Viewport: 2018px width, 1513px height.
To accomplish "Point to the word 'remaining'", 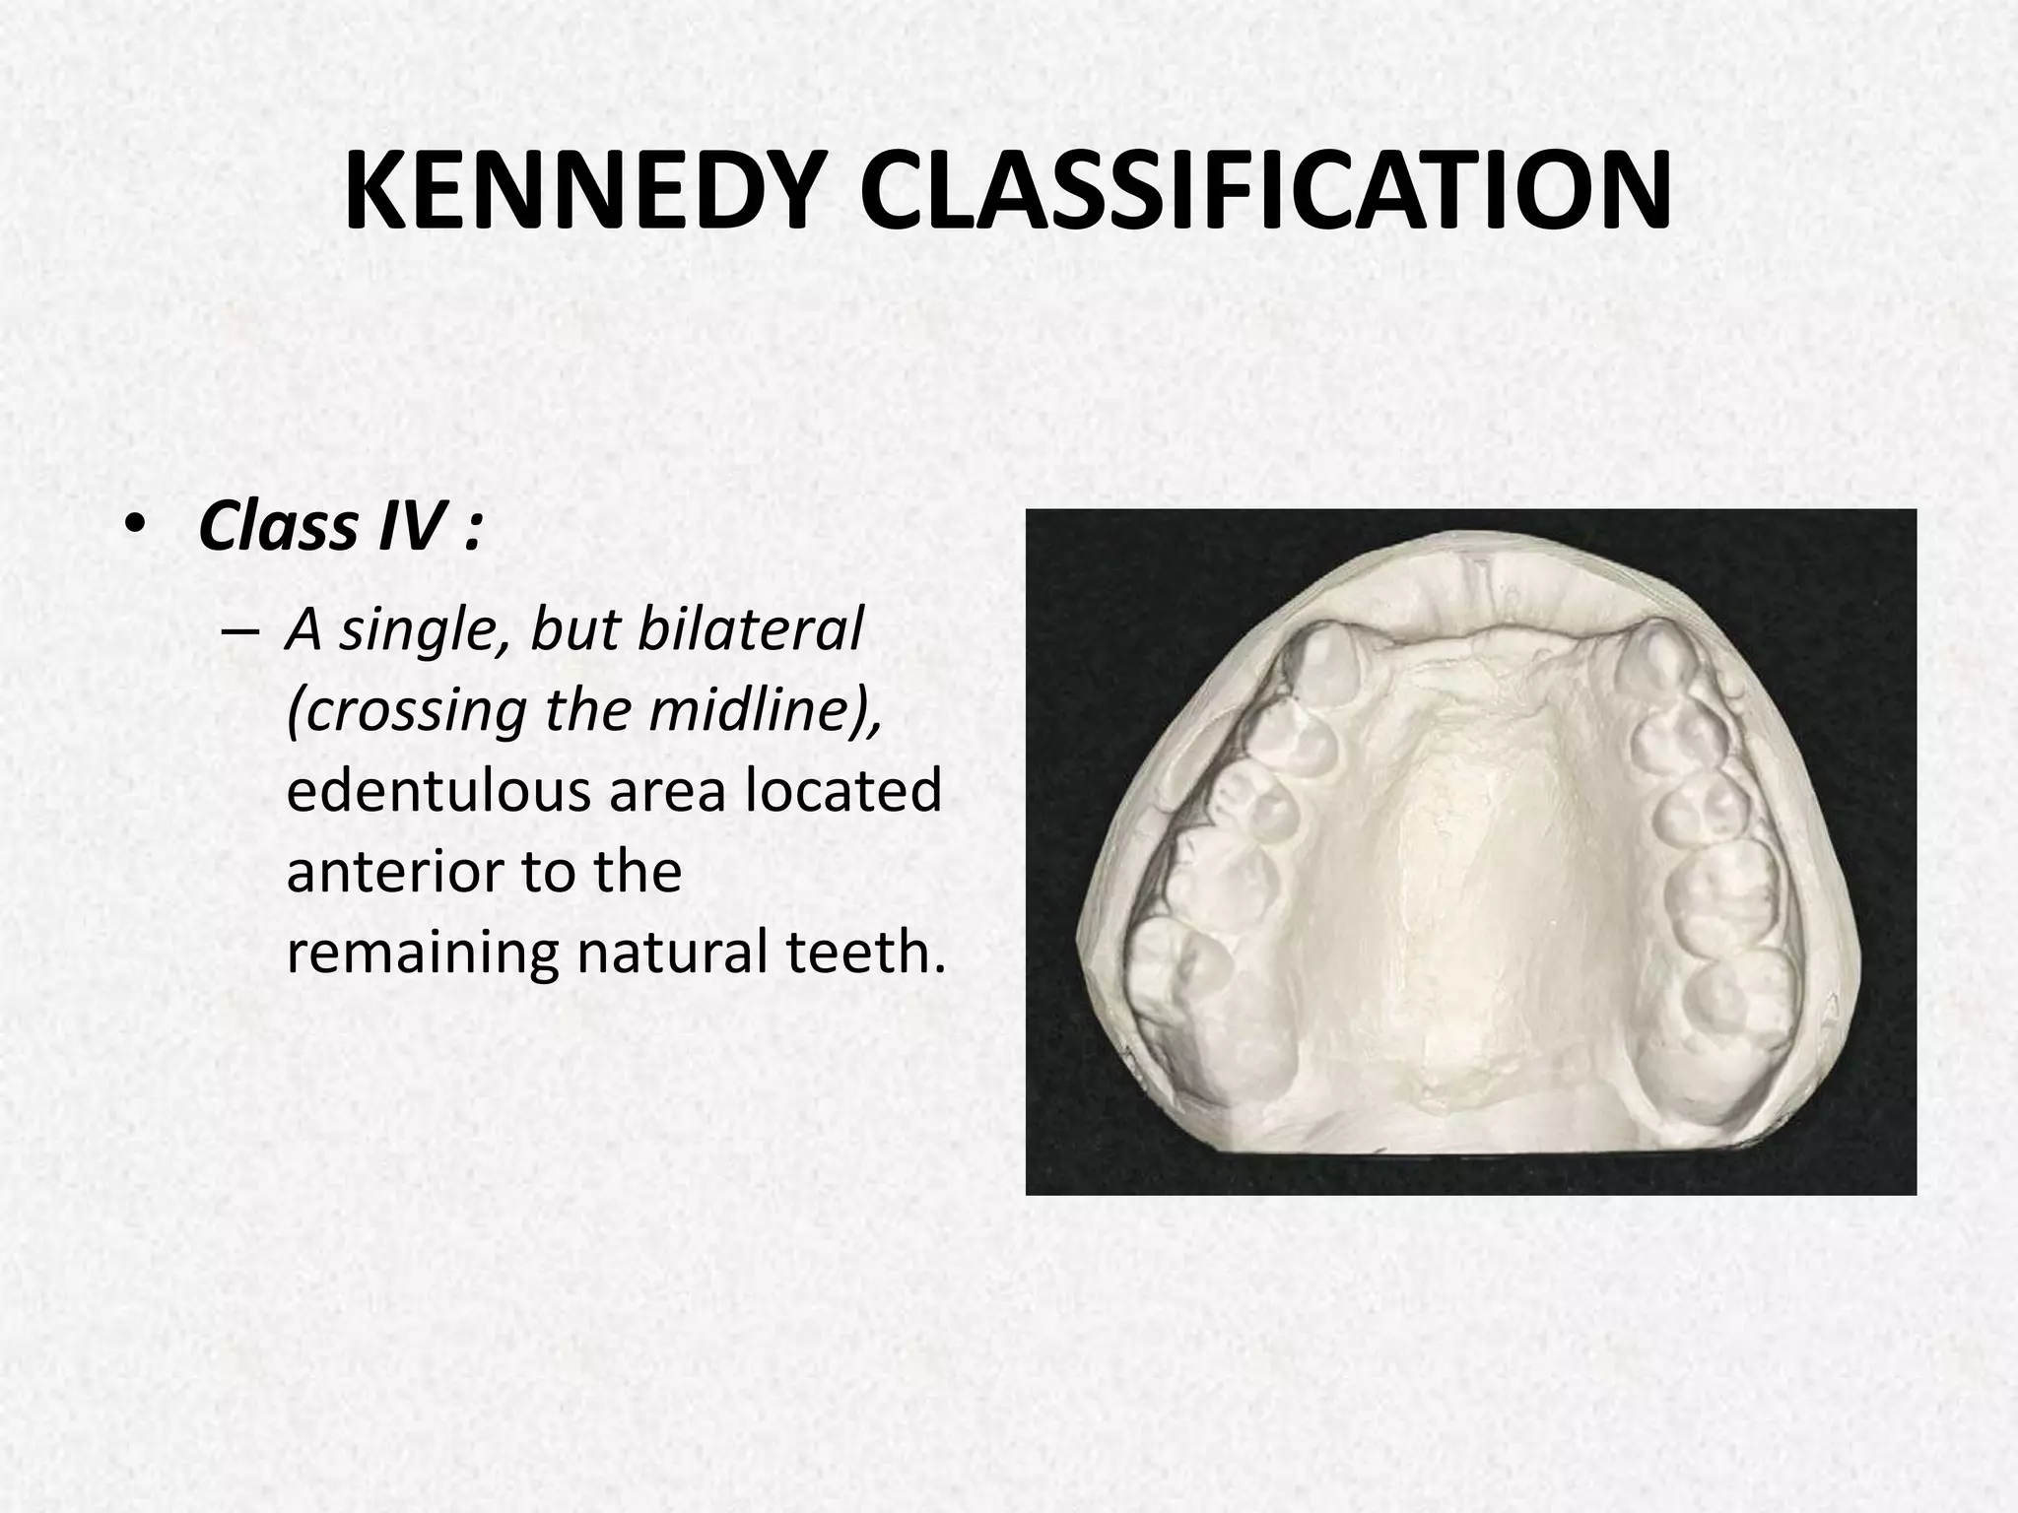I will click(x=424, y=954).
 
